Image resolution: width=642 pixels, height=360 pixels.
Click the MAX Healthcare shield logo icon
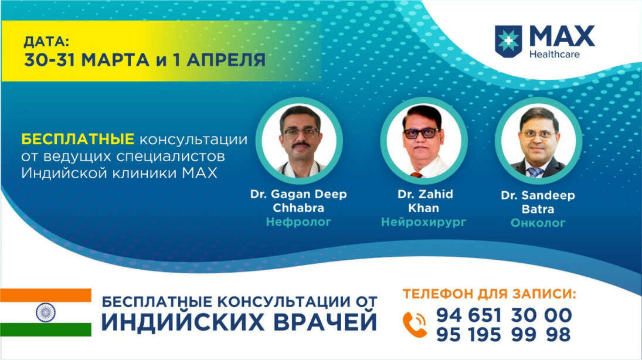(x=508, y=41)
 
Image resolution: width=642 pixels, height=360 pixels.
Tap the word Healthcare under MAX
(x=555, y=54)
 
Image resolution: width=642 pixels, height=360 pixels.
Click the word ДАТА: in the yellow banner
(x=46, y=42)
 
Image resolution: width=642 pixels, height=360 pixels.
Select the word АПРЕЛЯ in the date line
(x=226, y=60)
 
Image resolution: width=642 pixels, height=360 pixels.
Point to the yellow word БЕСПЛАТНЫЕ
(x=78, y=139)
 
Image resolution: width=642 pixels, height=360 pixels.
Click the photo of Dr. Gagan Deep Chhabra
(x=299, y=141)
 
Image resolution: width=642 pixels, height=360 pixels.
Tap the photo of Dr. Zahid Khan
(x=424, y=141)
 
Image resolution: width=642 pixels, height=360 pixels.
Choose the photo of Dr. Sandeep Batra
(x=538, y=141)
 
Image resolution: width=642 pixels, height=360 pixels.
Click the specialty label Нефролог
(x=298, y=222)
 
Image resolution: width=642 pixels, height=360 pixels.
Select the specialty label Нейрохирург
(x=424, y=222)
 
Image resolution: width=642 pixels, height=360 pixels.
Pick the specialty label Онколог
(x=538, y=223)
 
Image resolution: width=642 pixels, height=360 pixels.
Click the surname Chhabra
(x=298, y=208)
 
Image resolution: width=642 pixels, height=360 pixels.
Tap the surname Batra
(x=538, y=209)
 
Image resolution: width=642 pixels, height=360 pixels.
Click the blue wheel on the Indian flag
(x=46, y=313)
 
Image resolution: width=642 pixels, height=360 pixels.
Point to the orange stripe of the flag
(x=46, y=296)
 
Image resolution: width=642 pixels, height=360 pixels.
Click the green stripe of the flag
(x=46, y=330)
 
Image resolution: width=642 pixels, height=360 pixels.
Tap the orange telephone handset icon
(x=415, y=324)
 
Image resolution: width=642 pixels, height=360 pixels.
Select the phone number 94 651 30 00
(x=504, y=315)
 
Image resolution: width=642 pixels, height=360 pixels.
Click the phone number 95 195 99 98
(x=503, y=335)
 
